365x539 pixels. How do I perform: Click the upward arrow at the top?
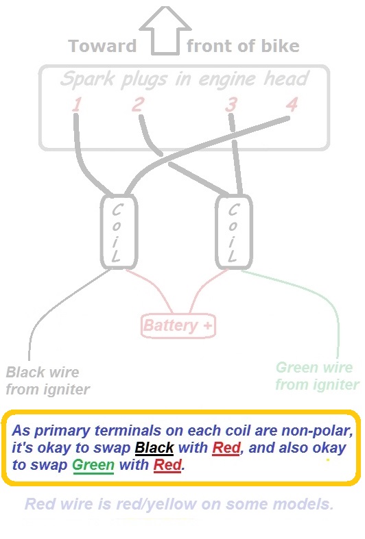(165, 31)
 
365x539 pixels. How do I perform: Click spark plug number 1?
(77, 104)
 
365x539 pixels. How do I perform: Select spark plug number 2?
(138, 104)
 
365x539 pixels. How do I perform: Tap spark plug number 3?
(231, 104)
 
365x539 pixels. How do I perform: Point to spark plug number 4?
(292, 104)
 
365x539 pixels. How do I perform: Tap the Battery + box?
(178, 325)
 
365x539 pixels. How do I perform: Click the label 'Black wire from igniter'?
(48, 381)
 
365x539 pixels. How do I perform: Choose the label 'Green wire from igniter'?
(317, 376)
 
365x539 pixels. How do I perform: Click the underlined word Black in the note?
(154, 448)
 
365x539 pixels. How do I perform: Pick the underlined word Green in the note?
(93, 465)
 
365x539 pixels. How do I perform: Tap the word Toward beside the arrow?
(103, 46)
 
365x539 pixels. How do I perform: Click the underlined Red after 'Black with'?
(226, 448)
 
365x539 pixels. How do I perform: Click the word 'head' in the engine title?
(287, 78)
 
